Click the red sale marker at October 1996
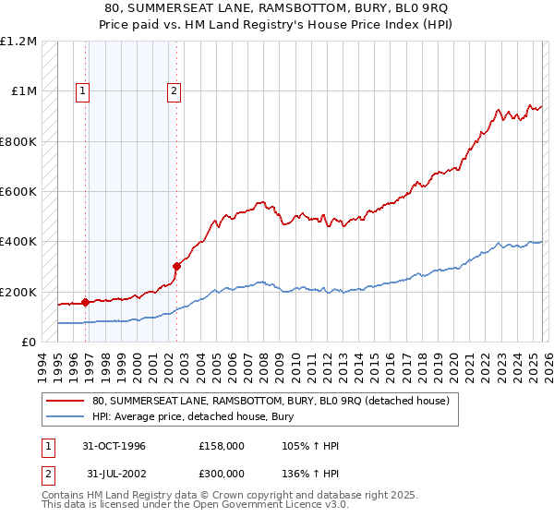tap(86, 301)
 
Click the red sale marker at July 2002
tap(176, 266)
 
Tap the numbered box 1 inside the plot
tap(83, 90)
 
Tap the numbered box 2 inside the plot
tap(174, 90)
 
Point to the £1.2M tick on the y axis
tap(18, 42)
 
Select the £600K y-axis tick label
tap(18, 192)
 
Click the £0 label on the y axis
tap(27, 342)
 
